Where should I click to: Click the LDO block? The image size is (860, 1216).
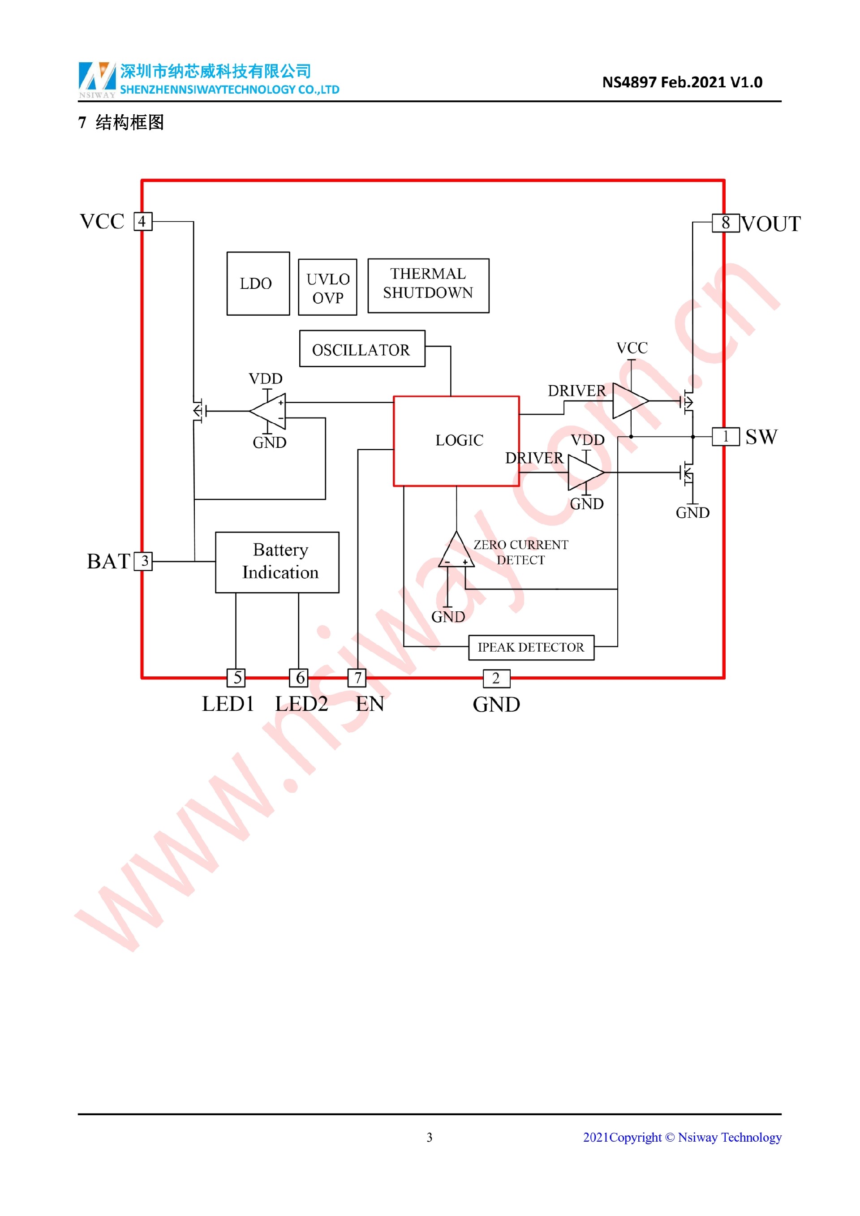click(258, 284)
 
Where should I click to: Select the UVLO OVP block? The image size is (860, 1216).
click(327, 287)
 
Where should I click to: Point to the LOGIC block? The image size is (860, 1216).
click(456, 441)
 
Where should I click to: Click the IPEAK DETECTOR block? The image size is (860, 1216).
click(531, 647)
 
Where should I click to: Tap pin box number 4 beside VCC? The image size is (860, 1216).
click(142, 221)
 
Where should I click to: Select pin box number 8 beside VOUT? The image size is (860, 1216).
click(726, 223)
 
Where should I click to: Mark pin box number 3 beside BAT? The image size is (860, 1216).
click(143, 561)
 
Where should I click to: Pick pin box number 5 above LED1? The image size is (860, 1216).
click(236, 677)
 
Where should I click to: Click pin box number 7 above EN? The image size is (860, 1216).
click(357, 677)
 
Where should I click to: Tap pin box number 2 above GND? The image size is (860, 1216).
click(496, 678)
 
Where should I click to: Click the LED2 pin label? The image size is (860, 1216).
click(301, 704)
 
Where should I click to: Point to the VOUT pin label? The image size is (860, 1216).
click(770, 224)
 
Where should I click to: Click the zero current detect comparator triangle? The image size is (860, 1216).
click(456, 552)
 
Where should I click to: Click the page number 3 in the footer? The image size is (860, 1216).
click(430, 1137)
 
